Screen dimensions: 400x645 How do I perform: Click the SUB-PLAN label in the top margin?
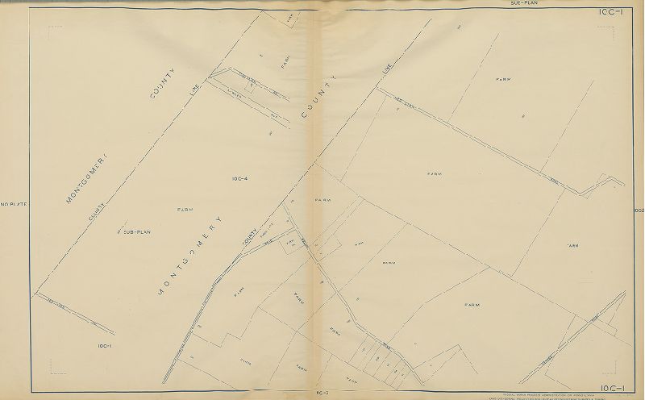[x=525, y=3]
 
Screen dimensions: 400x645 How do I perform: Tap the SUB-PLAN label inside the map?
[x=137, y=231]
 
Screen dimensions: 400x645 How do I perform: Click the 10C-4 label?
[x=239, y=178]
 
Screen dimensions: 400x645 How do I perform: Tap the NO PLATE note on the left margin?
[x=15, y=205]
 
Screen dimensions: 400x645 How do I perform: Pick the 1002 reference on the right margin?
[x=639, y=210]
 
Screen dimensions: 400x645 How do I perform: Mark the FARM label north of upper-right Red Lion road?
[x=505, y=79]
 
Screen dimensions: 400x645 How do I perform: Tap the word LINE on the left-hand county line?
[x=193, y=100]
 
